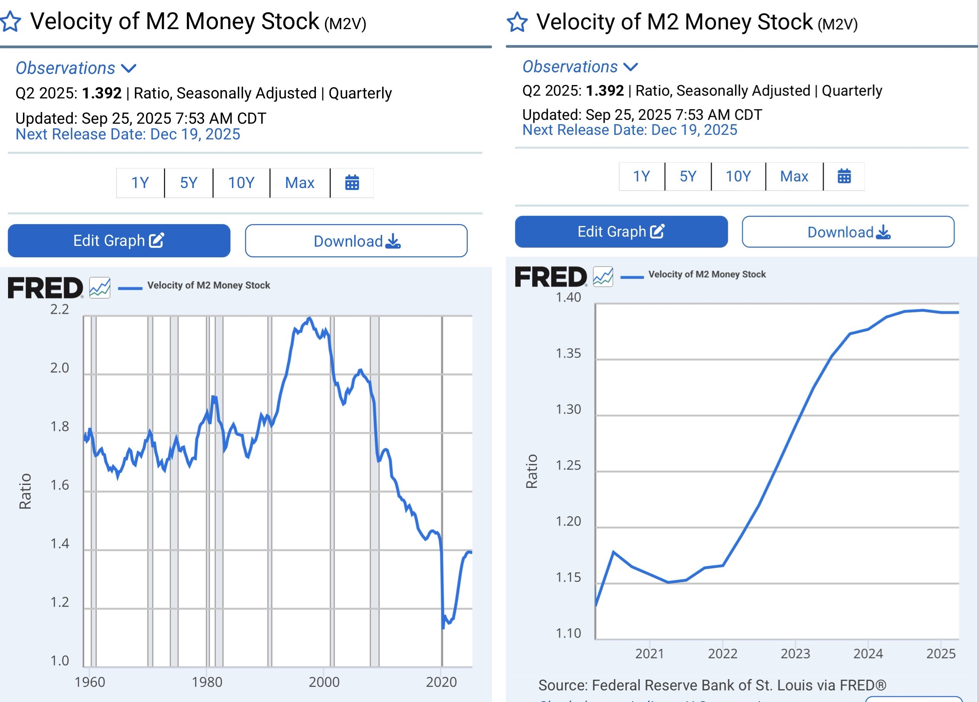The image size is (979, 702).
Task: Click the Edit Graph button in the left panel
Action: (119, 241)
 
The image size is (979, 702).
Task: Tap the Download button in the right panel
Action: (848, 232)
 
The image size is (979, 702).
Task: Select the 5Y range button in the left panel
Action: (189, 183)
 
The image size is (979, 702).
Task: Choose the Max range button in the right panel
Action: (794, 177)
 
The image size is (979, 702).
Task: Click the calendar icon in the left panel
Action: (352, 183)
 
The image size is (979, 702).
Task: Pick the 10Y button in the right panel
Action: (738, 177)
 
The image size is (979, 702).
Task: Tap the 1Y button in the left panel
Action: (140, 183)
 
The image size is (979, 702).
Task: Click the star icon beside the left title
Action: (10, 21)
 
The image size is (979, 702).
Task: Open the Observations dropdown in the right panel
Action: (579, 67)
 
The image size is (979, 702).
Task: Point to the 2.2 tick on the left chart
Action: (60, 309)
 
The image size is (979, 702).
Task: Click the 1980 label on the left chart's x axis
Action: (207, 682)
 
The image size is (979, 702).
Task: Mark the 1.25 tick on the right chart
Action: (568, 465)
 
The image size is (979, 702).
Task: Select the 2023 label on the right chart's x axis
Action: (795, 654)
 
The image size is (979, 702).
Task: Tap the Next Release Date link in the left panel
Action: (128, 134)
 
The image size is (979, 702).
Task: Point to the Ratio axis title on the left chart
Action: (25, 491)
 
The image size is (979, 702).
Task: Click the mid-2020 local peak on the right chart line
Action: (613, 552)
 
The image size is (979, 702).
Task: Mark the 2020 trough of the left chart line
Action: (443, 627)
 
